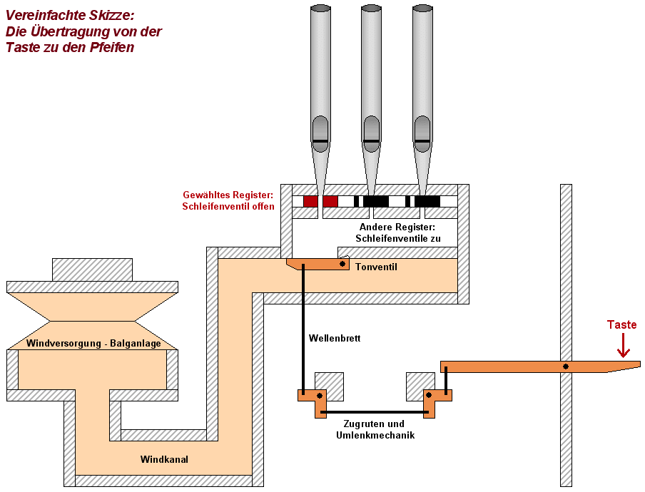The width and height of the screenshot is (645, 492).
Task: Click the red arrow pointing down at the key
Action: click(x=624, y=346)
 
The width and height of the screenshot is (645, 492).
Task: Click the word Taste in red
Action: click(x=621, y=325)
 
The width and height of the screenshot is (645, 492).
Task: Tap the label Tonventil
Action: click(x=376, y=267)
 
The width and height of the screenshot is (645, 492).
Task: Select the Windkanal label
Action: click(x=164, y=460)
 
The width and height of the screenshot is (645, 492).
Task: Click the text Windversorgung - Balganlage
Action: click(x=93, y=344)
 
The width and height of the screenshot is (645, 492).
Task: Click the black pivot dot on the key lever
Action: click(x=566, y=367)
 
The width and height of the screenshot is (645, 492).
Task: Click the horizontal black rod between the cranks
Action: click(x=374, y=411)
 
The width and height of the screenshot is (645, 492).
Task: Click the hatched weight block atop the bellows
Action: click(x=92, y=270)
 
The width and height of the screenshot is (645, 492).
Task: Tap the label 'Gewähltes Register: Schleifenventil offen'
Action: click(x=228, y=200)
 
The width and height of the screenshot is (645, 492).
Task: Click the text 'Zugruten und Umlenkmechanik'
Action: click(x=375, y=429)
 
